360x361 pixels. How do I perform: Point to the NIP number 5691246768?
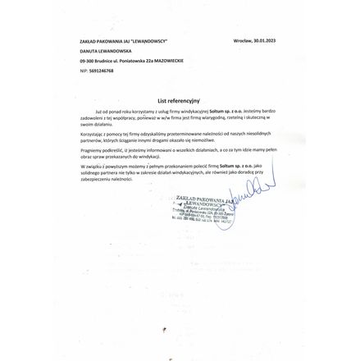click(x=102, y=71)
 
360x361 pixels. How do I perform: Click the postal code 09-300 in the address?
click(x=87, y=61)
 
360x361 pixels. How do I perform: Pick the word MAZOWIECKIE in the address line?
click(x=168, y=61)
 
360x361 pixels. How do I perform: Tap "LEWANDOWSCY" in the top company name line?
click(x=148, y=40)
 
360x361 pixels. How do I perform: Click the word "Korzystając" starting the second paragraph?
click(x=89, y=133)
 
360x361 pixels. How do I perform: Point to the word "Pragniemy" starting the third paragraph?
click(x=89, y=150)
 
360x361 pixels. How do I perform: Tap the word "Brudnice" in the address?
click(x=106, y=61)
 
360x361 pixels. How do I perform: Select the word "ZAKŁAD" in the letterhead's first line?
click(x=87, y=40)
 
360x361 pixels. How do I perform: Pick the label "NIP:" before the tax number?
click(x=84, y=71)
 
